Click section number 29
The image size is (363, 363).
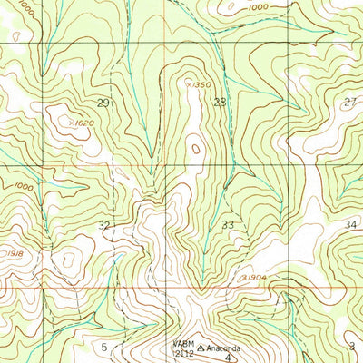[x=103, y=103]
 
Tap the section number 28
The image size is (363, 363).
[x=220, y=103]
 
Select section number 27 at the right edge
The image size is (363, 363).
[x=351, y=103]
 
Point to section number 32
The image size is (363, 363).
[x=104, y=225]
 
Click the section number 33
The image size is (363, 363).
[x=228, y=225]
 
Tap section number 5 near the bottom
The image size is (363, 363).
[x=104, y=348]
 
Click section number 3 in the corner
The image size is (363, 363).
[x=352, y=347]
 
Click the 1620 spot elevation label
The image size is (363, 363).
[x=84, y=123]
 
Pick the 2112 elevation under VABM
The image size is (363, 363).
[x=185, y=355]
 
